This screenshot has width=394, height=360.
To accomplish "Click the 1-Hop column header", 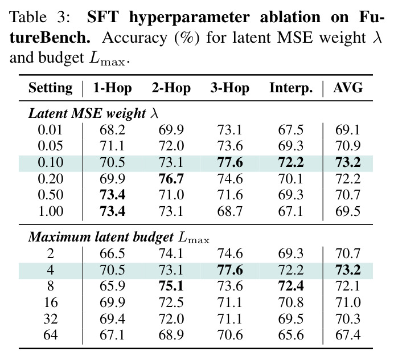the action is (112, 88).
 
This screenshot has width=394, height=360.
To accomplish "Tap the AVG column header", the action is (348, 88).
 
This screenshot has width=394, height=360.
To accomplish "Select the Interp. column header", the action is (291, 88).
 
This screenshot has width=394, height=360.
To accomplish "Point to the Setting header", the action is (51, 88).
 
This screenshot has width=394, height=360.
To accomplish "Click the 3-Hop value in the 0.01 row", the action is (229, 130).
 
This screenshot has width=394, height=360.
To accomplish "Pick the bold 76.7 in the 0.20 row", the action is (171, 179).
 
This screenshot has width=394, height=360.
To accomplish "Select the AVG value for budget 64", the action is (348, 335).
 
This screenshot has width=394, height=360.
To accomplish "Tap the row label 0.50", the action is (51, 195).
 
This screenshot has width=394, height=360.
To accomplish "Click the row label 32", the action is (51, 319).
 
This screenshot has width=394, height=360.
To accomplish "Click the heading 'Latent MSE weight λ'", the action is (93, 113).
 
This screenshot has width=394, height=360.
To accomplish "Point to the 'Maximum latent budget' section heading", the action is (101, 237).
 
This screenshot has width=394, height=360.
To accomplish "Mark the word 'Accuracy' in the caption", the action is (135, 38).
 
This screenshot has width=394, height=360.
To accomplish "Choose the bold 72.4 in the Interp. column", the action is (291, 286).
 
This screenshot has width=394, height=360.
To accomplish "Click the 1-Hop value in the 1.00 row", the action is (112, 211).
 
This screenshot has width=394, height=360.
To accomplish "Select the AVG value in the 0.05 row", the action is (348, 146).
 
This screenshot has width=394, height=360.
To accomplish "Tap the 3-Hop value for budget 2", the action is (229, 253).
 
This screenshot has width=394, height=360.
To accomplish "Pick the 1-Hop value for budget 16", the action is (112, 302).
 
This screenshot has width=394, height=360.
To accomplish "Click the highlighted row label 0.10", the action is (51, 162).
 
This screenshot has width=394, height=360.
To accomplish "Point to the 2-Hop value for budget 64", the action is (171, 335).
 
